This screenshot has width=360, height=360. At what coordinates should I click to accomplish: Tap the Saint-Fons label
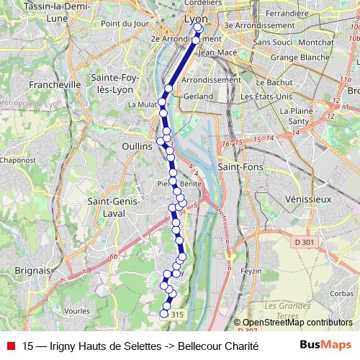(240, 167)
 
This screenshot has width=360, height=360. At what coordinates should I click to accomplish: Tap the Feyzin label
(251, 271)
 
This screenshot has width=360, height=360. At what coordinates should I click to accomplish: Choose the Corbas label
(341, 294)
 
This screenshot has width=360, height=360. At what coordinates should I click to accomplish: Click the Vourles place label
(76, 310)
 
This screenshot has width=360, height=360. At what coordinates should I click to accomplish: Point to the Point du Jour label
(120, 24)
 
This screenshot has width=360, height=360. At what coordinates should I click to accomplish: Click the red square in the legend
(11, 346)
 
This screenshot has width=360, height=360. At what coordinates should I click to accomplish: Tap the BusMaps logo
(325, 345)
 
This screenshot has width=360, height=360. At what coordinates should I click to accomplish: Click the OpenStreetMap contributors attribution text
(297, 323)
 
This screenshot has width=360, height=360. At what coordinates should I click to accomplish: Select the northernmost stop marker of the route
(198, 27)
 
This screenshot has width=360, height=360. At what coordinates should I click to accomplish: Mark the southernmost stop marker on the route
(164, 313)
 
